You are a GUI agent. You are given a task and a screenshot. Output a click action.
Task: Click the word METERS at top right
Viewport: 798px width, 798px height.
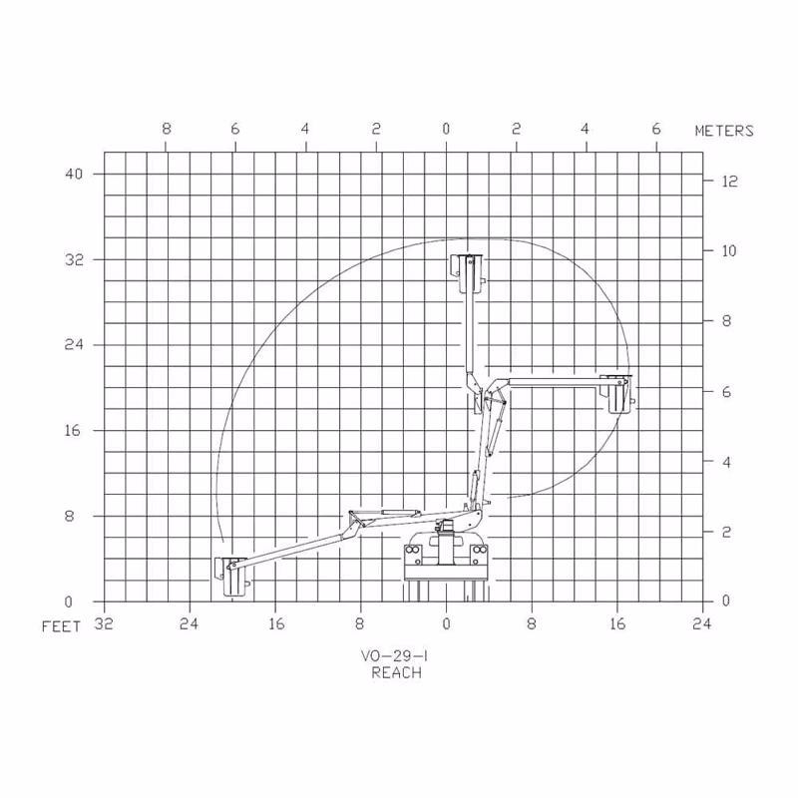click(x=724, y=131)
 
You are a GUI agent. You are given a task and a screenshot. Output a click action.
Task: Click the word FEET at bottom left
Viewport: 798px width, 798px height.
click(x=61, y=626)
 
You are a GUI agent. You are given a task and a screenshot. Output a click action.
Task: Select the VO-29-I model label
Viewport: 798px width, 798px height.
click(x=394, y=656)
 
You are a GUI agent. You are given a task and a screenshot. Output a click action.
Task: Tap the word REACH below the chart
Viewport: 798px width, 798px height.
click(x=396, y=672)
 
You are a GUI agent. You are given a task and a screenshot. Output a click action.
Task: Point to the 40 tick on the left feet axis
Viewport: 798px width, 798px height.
click(x=73, y=174)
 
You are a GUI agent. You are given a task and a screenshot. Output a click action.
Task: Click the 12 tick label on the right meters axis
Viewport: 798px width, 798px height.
click(x=730, y=182)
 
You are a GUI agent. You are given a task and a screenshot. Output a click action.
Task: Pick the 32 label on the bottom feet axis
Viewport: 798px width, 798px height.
click(x=104, y=623)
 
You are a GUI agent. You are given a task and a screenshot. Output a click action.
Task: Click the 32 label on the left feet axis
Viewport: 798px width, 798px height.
click(x=73, y=260)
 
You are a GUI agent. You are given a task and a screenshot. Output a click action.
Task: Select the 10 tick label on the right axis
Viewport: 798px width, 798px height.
click(x=729, y=251)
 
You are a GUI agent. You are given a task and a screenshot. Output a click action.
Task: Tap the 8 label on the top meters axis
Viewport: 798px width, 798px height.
click(x=167, y=129)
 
